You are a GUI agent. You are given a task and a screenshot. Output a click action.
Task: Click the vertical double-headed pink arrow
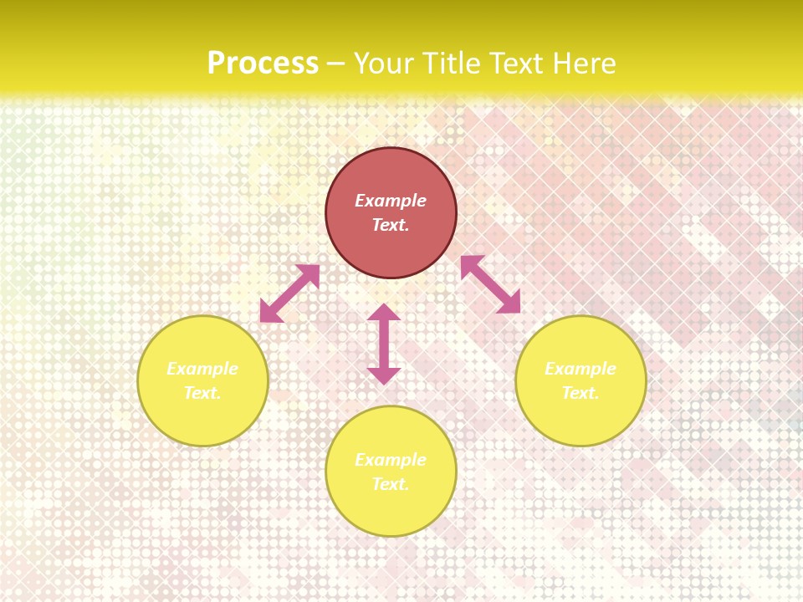[x=384, y=344]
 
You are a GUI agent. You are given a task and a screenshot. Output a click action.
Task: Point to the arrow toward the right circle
[x=490, y=284]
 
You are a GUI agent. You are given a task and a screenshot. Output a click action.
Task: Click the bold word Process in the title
[x=263, y=64]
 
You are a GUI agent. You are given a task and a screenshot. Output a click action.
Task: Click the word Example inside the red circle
[x=391, y=201]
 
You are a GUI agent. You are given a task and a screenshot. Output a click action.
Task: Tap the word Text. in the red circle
[x=391, y=225]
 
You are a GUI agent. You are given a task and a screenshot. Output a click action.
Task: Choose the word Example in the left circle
[x=202, y=369]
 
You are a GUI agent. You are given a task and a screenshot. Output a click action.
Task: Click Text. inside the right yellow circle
[x=581, y=393]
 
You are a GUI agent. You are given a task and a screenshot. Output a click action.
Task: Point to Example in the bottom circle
[x=391, y=460]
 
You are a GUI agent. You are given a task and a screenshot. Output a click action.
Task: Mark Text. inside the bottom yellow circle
[x=391, y=484]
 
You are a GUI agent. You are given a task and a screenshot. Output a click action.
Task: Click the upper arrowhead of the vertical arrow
[x=384, y=313]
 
